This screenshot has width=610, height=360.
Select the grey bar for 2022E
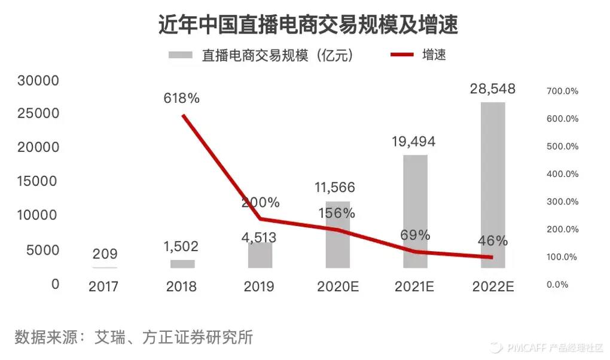493,185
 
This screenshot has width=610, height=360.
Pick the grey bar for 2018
182,264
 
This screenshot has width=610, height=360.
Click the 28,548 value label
493,90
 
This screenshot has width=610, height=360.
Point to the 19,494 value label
413,142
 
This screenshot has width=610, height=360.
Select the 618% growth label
182,99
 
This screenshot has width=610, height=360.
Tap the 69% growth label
416,235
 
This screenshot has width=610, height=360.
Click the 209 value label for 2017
105,254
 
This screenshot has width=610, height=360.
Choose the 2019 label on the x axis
259,286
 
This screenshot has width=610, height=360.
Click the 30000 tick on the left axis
38,80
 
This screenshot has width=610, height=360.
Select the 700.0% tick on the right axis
562,91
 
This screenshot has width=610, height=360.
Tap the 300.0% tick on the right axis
562,202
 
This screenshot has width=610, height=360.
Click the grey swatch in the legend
181,55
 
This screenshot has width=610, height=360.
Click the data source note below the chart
134,337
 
